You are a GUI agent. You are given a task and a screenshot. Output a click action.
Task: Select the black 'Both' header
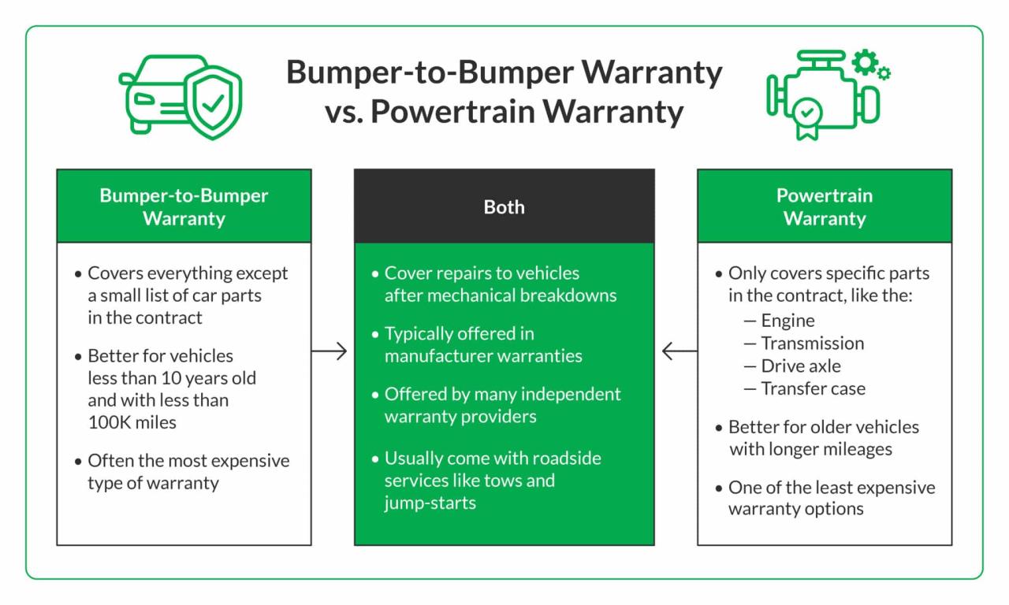(504, 206)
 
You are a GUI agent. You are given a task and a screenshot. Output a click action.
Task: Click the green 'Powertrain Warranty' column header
(824, 206)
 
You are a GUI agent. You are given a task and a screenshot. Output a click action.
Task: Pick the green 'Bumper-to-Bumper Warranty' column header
(184, 206)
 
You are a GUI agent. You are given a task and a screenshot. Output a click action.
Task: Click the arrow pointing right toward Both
(330, 351)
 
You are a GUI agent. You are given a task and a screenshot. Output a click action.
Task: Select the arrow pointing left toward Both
(679, 351)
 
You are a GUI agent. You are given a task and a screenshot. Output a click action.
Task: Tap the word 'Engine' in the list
(787, 321)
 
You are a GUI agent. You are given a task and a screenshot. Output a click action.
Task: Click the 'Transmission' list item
(812, 343)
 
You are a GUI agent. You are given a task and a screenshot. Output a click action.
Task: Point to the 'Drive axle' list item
(800, 366)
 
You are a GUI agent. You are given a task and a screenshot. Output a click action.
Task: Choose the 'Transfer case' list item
(812, 388)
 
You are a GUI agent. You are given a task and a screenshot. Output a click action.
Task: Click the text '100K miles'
(132, 422)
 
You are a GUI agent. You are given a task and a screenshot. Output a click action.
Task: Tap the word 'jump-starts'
(430, 503)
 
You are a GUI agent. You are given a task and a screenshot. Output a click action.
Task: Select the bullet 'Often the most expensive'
(188, 461)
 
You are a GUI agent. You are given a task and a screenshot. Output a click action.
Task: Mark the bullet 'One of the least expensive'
(831, 488)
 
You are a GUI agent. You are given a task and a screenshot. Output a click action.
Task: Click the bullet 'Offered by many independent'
(502, 394)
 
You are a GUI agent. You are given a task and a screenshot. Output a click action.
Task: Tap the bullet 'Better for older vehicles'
(823, 427)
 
